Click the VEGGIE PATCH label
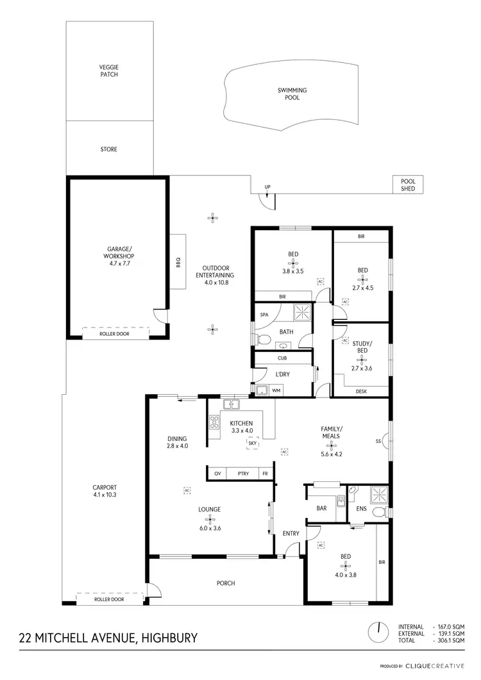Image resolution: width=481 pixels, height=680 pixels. (109, 70)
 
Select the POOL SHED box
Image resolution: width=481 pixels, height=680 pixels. (409, 185)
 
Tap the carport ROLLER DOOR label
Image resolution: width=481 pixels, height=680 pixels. (109, 600)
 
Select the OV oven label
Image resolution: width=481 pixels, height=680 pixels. (217, 473)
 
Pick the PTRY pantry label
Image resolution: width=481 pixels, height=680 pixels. (242, 473)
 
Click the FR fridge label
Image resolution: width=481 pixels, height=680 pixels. (264, 473)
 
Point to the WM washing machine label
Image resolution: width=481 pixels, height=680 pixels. (276, 390)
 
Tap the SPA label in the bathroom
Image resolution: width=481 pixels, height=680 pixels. (264, 315)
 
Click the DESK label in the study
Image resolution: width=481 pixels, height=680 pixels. (361, 390)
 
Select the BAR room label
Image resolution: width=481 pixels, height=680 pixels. (322, 509)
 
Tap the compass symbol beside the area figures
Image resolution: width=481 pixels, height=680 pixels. (379, 633)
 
